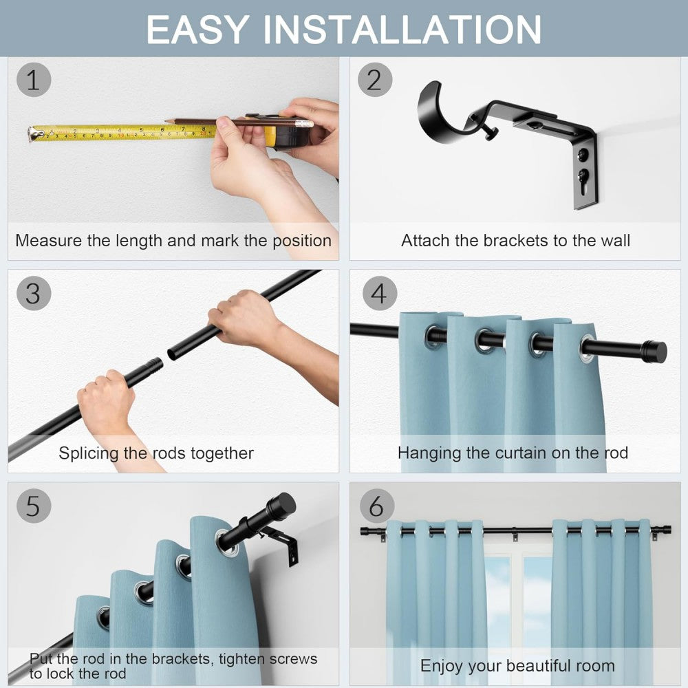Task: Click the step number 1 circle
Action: point(33,80)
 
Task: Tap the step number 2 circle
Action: point(374,80)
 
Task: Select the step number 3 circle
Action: point(33,293)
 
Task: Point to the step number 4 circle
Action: point(379,293)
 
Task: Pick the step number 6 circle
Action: point(376,506)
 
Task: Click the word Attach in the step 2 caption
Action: point(423,241)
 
